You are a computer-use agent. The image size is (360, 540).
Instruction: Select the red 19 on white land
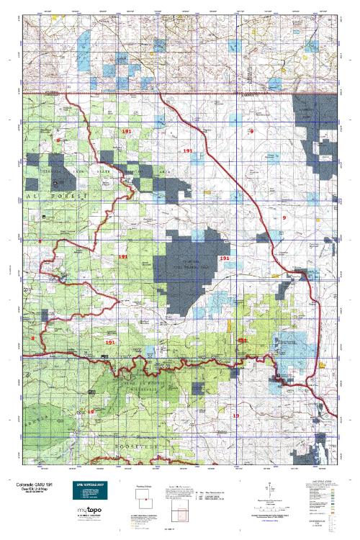tap(235, 415)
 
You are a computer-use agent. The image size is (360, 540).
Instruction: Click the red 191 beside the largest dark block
tap(224, 258)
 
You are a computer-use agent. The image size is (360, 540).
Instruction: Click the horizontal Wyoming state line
tap(180, 94)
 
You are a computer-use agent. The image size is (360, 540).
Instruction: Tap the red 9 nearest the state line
tap(252, 131)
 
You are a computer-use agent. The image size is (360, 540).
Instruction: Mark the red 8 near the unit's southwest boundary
tap(32, 338)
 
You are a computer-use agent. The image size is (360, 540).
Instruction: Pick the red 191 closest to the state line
tap(127, 133)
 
